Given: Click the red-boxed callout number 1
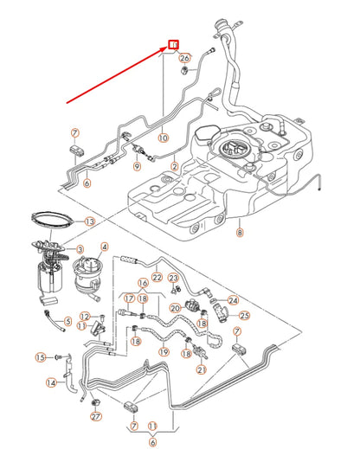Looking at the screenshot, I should click(x=173, y=44).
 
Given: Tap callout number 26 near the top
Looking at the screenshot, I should click(x=183, y=58).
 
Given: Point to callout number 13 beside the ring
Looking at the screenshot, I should click(x=89, y=221).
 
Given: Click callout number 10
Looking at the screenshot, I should click(x=163, y=137).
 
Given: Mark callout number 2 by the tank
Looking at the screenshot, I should click(x=175, y=165).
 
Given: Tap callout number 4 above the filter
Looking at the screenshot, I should click(x=105, y=246).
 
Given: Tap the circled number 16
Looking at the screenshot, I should click(x=143, y=282).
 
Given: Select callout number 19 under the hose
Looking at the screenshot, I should click(x=164, y=352).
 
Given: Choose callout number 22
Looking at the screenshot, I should click(x=157, y=277).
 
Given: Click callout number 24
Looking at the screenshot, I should click(x=232, y=298).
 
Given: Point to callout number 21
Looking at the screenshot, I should click(x=201, y=369).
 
